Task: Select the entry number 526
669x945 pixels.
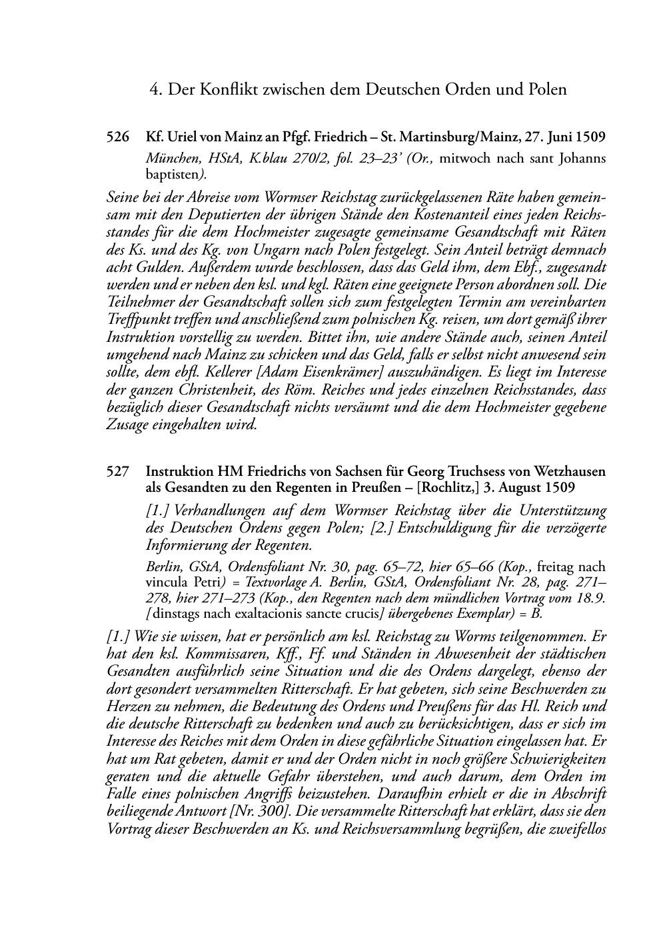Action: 117,138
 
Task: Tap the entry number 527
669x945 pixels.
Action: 117,472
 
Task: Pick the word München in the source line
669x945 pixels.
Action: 170,159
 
